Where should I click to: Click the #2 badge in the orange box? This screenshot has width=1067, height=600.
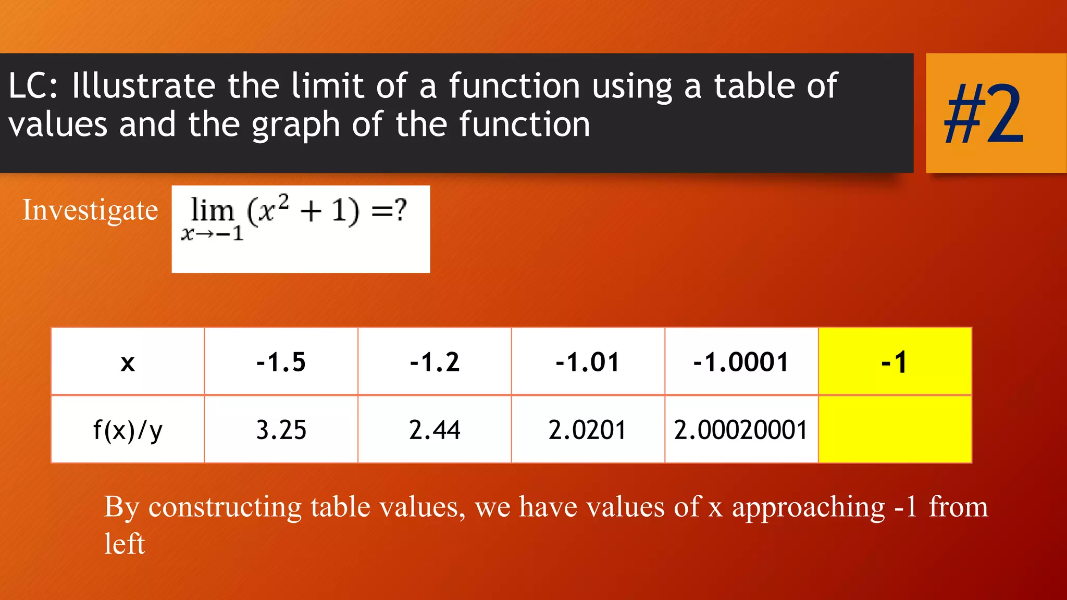[x=984, y=114]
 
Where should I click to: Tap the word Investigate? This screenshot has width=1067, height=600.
[x=90, y=210]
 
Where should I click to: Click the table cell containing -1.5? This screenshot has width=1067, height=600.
[x=281, y=361]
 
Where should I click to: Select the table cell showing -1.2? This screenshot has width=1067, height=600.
[x=435, y=361]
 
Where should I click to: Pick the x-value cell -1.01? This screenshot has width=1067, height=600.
[x=588, y=361]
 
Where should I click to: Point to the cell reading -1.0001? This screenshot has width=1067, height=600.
[x=741, y=361]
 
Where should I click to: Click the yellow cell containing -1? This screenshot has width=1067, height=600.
[x=895, y=361]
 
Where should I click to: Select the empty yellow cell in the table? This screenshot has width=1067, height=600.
[x=895, y=429]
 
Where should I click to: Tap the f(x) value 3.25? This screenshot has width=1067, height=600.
[x=281, y=430]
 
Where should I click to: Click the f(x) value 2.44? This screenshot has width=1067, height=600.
[x=435, y=430]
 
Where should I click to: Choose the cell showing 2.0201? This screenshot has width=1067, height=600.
[x=587, y=430]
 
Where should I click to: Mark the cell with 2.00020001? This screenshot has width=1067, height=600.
[x=740, y=430]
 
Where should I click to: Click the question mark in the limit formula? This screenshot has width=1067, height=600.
[x=400, y=210]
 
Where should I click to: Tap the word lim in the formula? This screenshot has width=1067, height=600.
[x=212, y=210]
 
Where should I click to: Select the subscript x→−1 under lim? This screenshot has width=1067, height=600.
[x=212, y=234]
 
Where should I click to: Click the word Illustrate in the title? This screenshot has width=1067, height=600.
[x=143, y=86]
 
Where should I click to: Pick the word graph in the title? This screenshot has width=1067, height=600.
[x=295, y=126]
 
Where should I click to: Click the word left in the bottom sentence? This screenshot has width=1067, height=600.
[x=124, y=544]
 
